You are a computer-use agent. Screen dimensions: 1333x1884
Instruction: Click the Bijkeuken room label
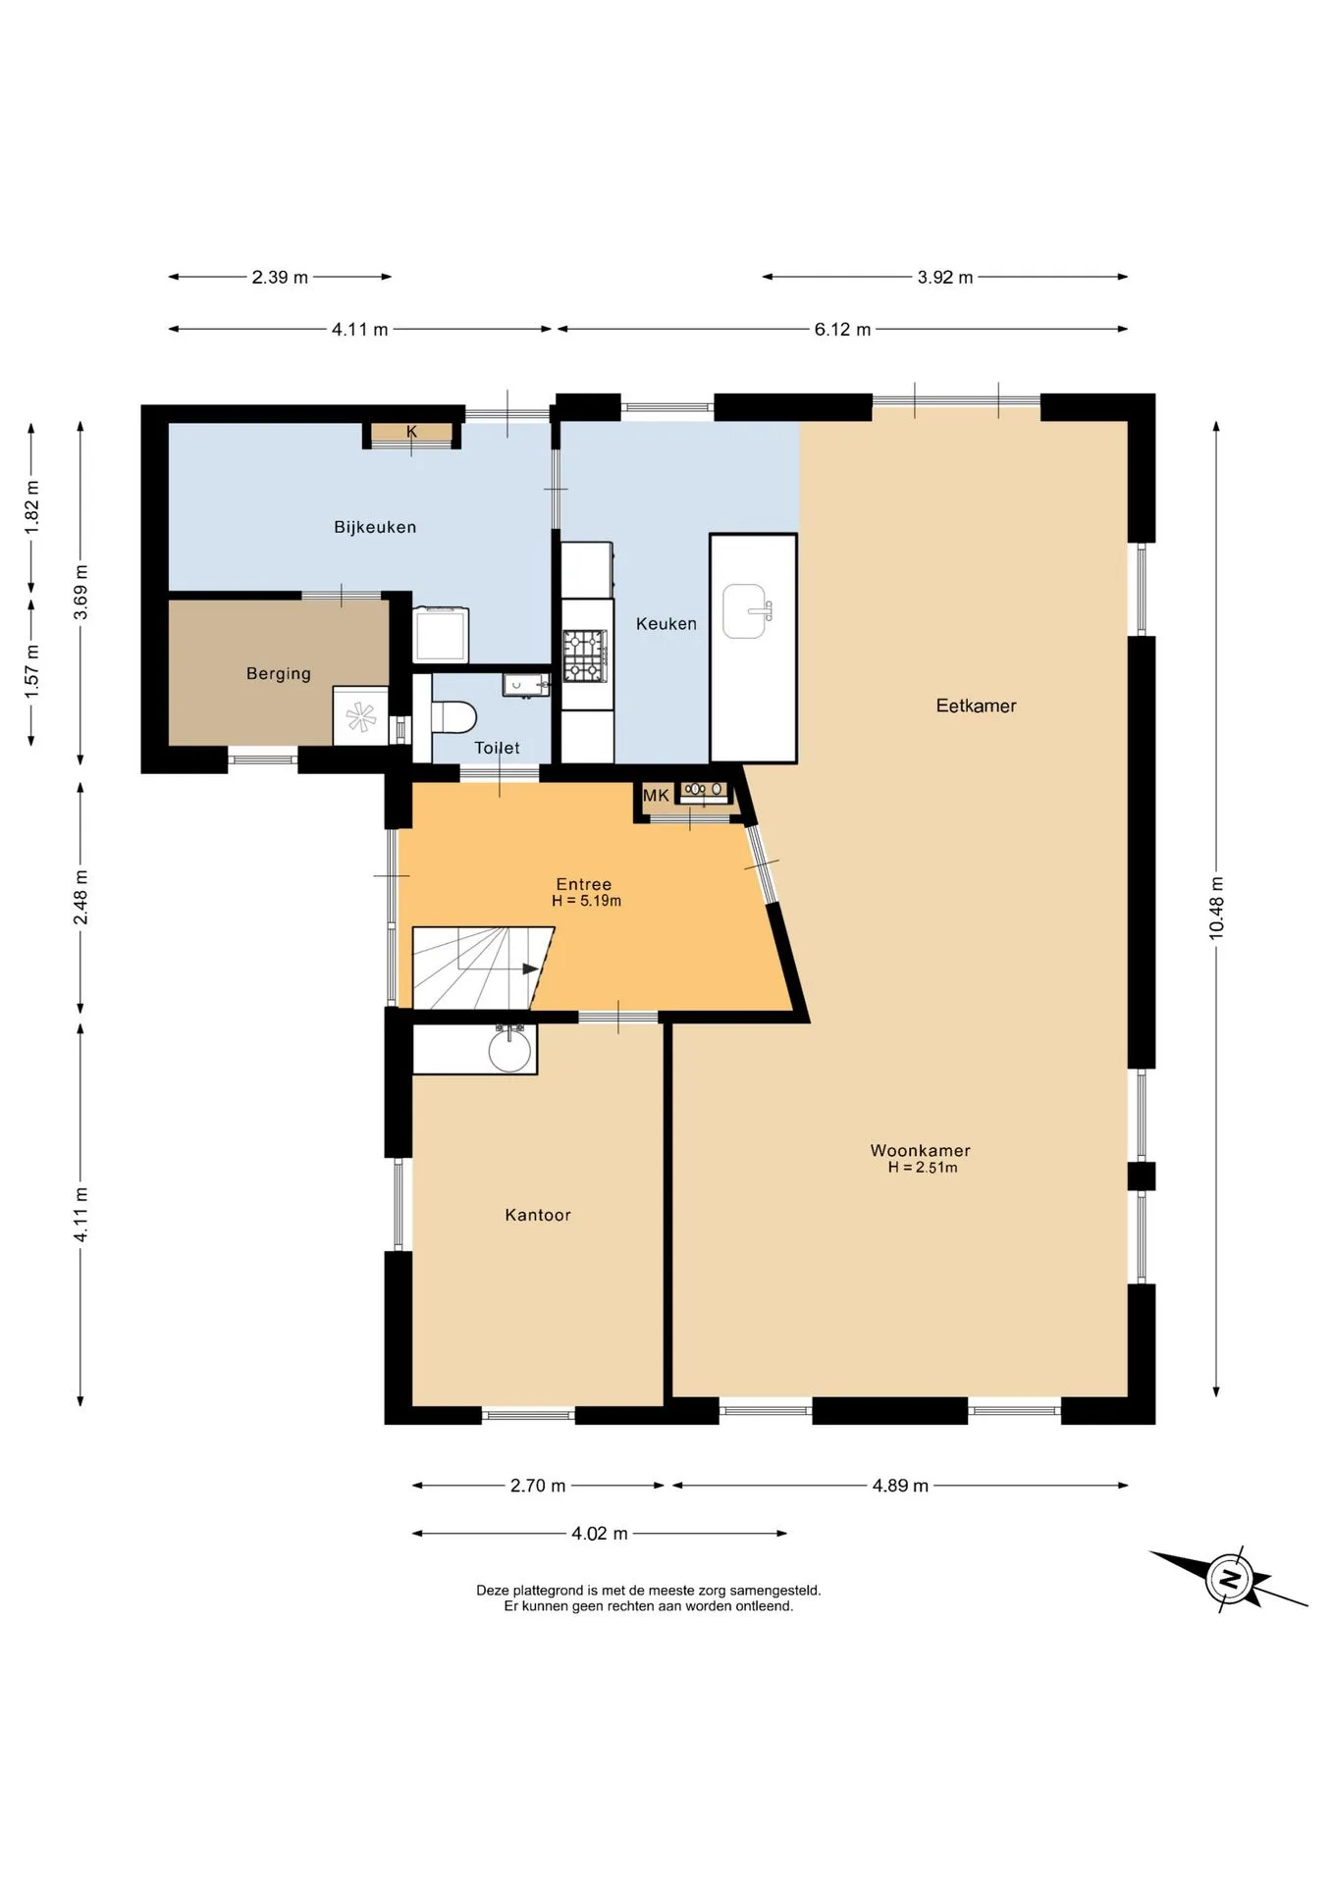click(x=375, y=527)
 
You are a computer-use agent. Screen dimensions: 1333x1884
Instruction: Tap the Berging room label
click(x=279, y=674)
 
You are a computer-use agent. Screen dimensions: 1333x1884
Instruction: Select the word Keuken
click(x=666, y=623)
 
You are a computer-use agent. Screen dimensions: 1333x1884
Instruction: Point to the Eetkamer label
click(x=976, y=706)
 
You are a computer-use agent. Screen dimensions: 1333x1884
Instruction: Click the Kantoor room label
click(x=538, y=1215)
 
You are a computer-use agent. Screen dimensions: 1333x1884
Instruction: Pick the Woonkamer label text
click(x=920, y=1150)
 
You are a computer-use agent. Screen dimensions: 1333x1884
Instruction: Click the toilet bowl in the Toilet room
click(x=453, y=716)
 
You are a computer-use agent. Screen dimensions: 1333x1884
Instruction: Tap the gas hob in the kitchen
click(x=584, y=655)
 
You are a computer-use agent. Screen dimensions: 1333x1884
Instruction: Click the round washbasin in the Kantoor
click(x=509, y=1049)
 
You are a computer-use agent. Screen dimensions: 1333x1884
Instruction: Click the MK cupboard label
click(x=656, y=795)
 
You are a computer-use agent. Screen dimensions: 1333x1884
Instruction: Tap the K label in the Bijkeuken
click(x=411, y=432)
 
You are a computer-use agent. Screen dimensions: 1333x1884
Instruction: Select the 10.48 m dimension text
click(x=1216, y=908)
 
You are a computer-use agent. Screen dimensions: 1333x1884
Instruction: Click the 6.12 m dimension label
click(x=842, y=330)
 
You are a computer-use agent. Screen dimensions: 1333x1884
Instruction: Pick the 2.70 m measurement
click(x=538, y=1486)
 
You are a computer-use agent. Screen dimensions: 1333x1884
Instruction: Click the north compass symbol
click(x=1228, y=1580)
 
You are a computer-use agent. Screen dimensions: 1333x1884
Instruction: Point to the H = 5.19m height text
click(x=586, y=901)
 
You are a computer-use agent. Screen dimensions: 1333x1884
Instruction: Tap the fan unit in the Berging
click(x=360, y=716)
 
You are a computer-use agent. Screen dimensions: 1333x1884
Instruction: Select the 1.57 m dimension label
click(x=32, y=672)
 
